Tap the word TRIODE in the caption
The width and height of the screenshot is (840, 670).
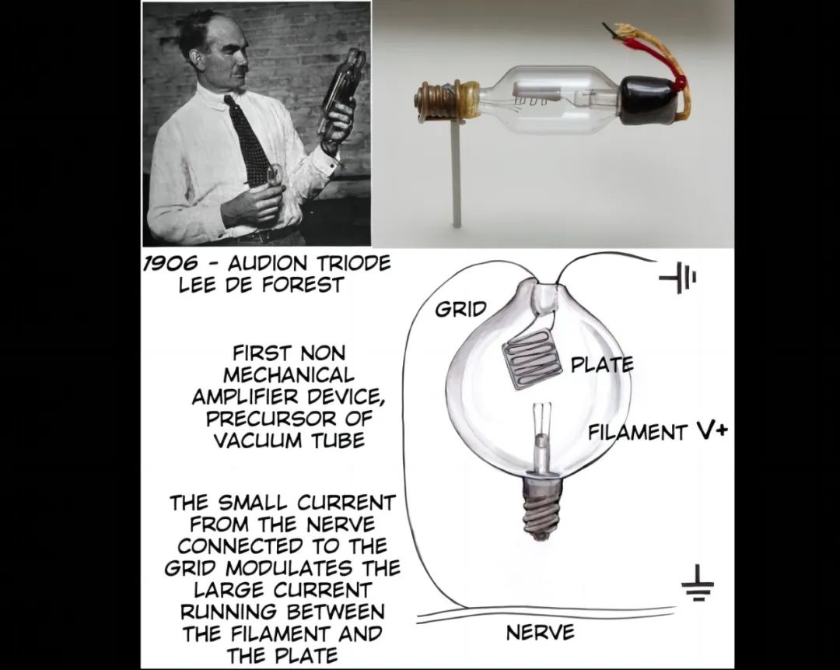tap(354, 263)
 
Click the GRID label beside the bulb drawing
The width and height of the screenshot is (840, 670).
tap(460, 309)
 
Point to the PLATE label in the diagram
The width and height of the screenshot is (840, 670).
tap(602, 364)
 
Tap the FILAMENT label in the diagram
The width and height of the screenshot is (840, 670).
tap(638, 431)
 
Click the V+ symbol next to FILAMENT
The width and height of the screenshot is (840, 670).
tap(712, 430)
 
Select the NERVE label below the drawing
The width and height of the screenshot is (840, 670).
tap(540, 633)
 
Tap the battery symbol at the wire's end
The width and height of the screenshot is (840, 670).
tap(677, 278)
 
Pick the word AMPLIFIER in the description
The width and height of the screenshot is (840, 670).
tap(237, 397)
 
